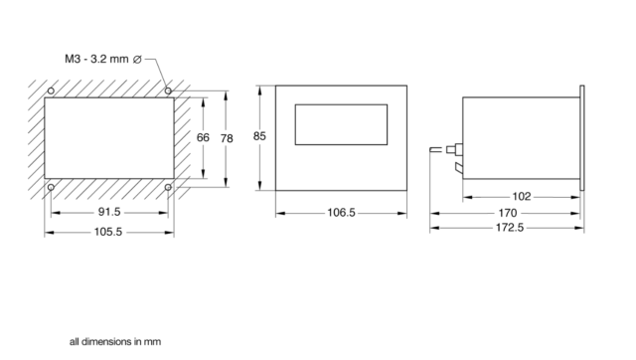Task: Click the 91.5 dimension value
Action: pos(109,212)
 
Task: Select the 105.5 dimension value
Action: pos(109,232)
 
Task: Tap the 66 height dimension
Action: pos(203,137)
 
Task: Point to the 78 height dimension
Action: pos(228,137)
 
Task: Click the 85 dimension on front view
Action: pos(260,137)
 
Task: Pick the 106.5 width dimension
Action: pos(340,212)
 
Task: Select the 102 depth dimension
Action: pos(522,196)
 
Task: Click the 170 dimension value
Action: pos(506,212)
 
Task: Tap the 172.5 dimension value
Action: pos(506,228)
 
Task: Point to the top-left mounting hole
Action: pos(51,90)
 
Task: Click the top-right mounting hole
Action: pos(168,90)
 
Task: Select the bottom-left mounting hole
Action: pos(51,186)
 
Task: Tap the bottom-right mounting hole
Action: pos(168,186)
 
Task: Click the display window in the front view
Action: pos(341,125)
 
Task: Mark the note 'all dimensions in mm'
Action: pos(114,341)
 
